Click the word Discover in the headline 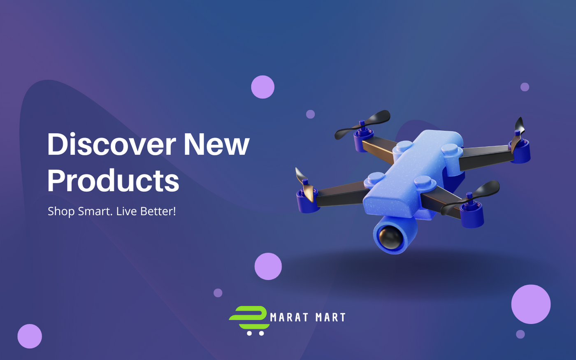tap(111, 144)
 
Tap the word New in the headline tap(216, 144)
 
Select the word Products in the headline tap(113, 180)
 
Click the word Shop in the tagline tap(61, 211)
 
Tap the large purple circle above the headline tap(262, 87)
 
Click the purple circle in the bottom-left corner tap(30, 336)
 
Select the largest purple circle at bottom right tap(531, 304)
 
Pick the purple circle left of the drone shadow tap(268, 267)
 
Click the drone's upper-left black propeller tap(362, 124)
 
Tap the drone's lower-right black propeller tap(470, 197)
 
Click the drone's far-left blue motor tap(307, 201)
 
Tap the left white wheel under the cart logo tap(249, 333)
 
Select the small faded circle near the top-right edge tap(525, 87)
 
